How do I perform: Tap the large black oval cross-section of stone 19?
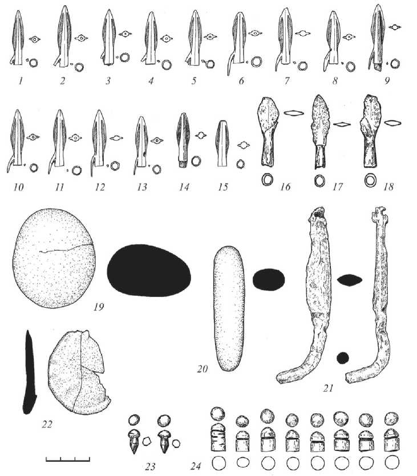pyautogui.click(x=149, y=271)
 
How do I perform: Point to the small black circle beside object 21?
pyautogui.click(x=343, y=357)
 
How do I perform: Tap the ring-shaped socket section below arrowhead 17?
pyautogui.click(x=319, y=181)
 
